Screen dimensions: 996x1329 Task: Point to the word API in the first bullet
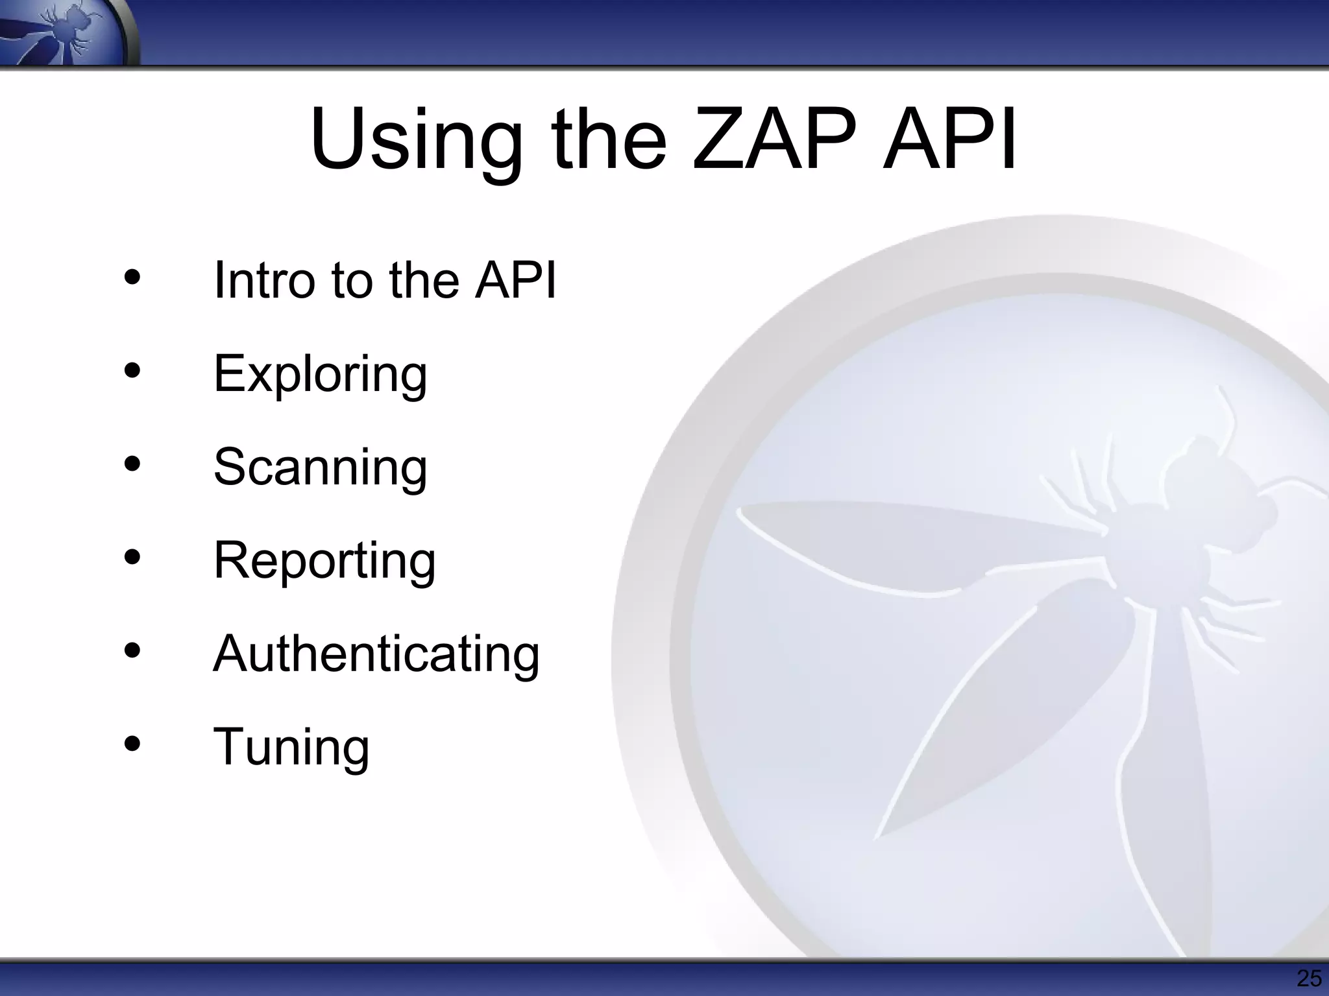pyautogui.click(x=515, y=280)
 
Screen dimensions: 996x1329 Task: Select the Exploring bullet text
pyautogui.click(x=320, y=375)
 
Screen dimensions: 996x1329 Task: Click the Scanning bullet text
pyautogui.click(x=320, y=467)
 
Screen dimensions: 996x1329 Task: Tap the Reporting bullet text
pyautogui.click(x=324, y=561)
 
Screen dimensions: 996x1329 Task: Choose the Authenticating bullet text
pyautogui.click(x=376, y=654)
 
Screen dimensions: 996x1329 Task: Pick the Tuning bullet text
pyautogui.click(x=291, y=747)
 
